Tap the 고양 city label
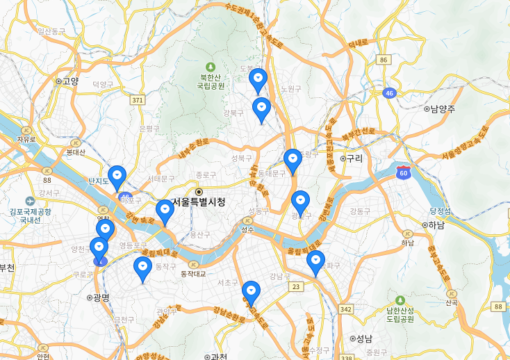(70, 81)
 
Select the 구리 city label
(354, 158)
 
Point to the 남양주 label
(442, 109)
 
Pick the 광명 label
(101, 297)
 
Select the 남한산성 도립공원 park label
(400, 313)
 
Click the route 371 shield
(138, 101)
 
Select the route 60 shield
(403, 173)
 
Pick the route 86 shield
(384, 60)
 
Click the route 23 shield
(297, 286)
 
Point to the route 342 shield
(345, 308)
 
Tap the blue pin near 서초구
(251, 293)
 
